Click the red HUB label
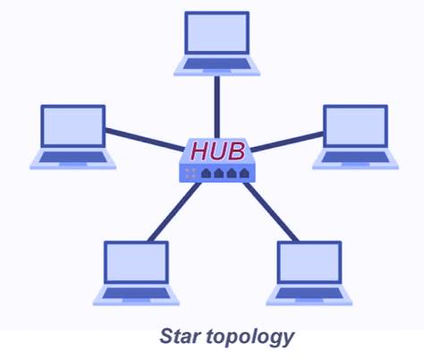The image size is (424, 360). (x=218, y=150)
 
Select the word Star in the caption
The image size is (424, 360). (x=180, y=336)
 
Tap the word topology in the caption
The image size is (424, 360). (x=250, y=338)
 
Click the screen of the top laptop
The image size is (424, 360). (x=216, y=33)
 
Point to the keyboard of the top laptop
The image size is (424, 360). (x=216, y=64)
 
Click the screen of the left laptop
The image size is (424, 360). (x=73, y=126)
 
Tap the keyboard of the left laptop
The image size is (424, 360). (x=73, y=157)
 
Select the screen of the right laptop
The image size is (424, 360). (x=355, y=126)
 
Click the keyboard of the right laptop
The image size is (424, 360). (x=355, y=157)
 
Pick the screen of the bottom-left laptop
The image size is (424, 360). (x=136, y=262)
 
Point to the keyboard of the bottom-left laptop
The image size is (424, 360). (x=136, y=293)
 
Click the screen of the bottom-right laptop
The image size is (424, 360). (x=310, y=262)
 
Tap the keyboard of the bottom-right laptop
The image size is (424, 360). (x=310, y=293)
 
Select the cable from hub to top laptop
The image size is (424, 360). (x=217, y=107)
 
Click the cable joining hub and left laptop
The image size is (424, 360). (x=145, y=139)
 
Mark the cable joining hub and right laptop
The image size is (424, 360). (x=287, y=141)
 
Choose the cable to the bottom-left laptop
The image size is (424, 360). (x=174, y=211)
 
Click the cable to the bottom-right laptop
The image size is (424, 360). (x=271, y=211)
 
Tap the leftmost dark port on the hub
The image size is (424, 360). (x=206, y=173)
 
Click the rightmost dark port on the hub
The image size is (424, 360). (x=244, y=173)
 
